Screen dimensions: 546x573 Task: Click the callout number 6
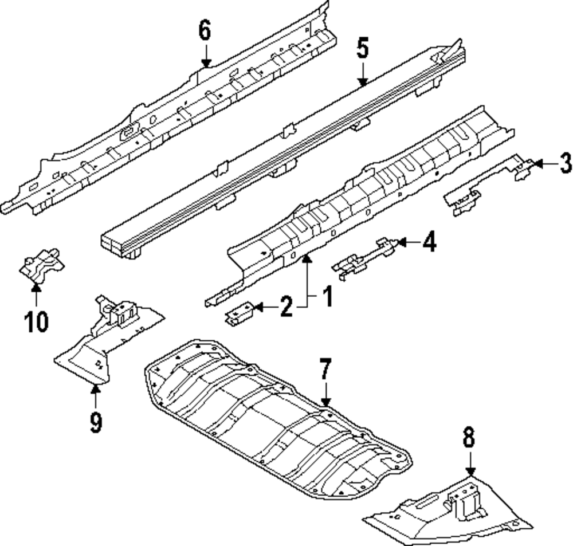(205, 30)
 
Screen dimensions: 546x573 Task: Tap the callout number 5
(362, 48)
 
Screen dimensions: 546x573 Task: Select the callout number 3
(565, 164)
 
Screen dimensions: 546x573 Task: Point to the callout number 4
(429, 242)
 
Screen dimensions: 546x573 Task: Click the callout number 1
(327, 298)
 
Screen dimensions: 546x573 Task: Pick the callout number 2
(286, 308)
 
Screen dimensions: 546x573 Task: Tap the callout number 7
(325, 370)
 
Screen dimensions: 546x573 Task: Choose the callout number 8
(469, 438)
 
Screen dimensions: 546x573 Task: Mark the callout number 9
(96, 423)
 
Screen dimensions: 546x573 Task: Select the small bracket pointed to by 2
(240, 314)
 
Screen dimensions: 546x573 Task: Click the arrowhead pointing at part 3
(533, 164)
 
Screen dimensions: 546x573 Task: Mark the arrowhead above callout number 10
(36, 286)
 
